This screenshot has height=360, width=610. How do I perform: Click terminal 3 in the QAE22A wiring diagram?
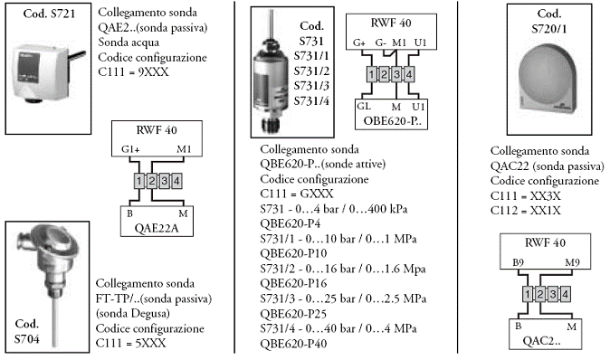pos(164,181)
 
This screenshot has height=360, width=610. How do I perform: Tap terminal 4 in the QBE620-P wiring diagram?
pos(408,74)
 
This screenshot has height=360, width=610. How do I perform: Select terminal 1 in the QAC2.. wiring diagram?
pos(528,294)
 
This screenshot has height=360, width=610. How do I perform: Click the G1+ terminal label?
pos(130,149)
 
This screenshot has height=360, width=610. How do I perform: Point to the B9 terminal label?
pos(518,263)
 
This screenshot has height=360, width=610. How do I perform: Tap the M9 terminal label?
pos(572,263)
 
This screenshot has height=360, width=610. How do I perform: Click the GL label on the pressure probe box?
pos(364,106)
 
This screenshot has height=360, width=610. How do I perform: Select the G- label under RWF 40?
pos(380,43)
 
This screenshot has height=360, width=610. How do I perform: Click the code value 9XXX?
pos(153,72)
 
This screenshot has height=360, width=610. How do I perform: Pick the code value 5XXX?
pos(150,343)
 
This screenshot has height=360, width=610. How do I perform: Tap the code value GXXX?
pos(317,194)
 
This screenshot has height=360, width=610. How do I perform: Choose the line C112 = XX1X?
pos(525,211)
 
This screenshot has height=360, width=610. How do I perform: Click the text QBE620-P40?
pos(293,344)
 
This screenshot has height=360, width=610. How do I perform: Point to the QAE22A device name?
pos(157,228)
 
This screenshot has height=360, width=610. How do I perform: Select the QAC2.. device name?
pos(541,341)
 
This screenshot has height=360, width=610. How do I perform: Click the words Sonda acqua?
pos(129,42)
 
